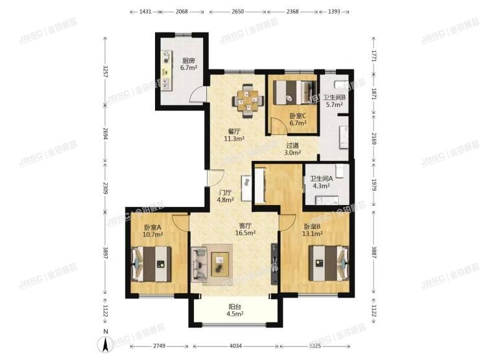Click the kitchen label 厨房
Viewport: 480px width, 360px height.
[x=188, y=60]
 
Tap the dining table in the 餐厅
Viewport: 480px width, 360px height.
[x=248, y=101]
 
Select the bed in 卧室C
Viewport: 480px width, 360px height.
[x=294, y=93]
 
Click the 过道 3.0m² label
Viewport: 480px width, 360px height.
[x=293, y=149]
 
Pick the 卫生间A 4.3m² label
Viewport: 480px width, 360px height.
[x=321, y=182]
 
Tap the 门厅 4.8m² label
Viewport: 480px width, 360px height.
[x=225, y=197]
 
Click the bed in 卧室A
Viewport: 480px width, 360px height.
[x=151, y=264]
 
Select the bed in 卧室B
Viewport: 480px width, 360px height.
[x=329, y=263]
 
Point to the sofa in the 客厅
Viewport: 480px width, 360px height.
[x=199, y=265]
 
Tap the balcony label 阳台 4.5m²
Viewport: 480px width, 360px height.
[x=235, y=310]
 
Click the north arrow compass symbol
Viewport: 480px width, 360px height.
[x=105, y=344]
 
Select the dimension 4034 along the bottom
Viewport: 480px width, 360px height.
[x=235, y=346]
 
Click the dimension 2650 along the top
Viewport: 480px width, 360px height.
[x=237, y=12]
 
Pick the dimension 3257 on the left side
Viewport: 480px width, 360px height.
[x=105, y=71]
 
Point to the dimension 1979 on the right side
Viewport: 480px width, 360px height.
[x=374, y=185]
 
